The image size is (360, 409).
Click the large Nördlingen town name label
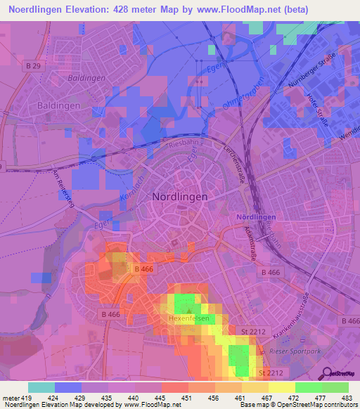point(180,197)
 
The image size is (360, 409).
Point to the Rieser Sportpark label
point(295,350)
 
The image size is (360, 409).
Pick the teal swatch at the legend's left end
point(41,387)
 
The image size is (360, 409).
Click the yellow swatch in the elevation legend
point(281,387)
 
